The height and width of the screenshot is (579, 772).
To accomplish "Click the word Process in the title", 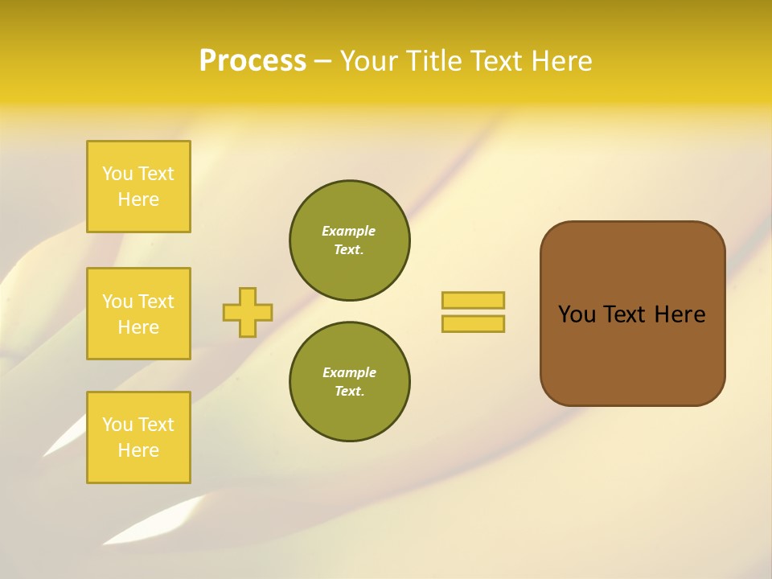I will point(253,61).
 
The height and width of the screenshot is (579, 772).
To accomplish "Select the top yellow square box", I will point(138,187).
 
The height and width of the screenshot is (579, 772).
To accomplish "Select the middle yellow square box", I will point(138,314).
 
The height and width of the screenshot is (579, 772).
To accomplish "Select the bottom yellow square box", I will point(138,437).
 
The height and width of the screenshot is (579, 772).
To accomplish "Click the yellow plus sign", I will point(248,312).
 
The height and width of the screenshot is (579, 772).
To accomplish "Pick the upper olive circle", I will point(350,240).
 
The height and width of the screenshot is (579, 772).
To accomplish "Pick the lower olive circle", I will point(350,382).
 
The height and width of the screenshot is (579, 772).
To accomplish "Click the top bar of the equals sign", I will point(473,300).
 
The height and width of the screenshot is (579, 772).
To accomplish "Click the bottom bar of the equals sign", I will point(473,323).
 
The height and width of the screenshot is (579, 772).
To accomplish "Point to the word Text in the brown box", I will point(626,314).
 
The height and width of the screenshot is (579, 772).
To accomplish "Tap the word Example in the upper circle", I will point(349,231).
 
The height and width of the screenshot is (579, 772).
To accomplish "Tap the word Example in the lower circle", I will point(349,372).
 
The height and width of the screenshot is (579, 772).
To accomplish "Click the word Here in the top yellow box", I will point(138,199).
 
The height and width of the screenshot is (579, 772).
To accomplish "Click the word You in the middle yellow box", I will point(117,302).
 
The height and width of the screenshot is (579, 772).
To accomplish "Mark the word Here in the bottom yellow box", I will point(138,450).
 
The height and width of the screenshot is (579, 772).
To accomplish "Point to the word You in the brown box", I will point(577,314).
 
